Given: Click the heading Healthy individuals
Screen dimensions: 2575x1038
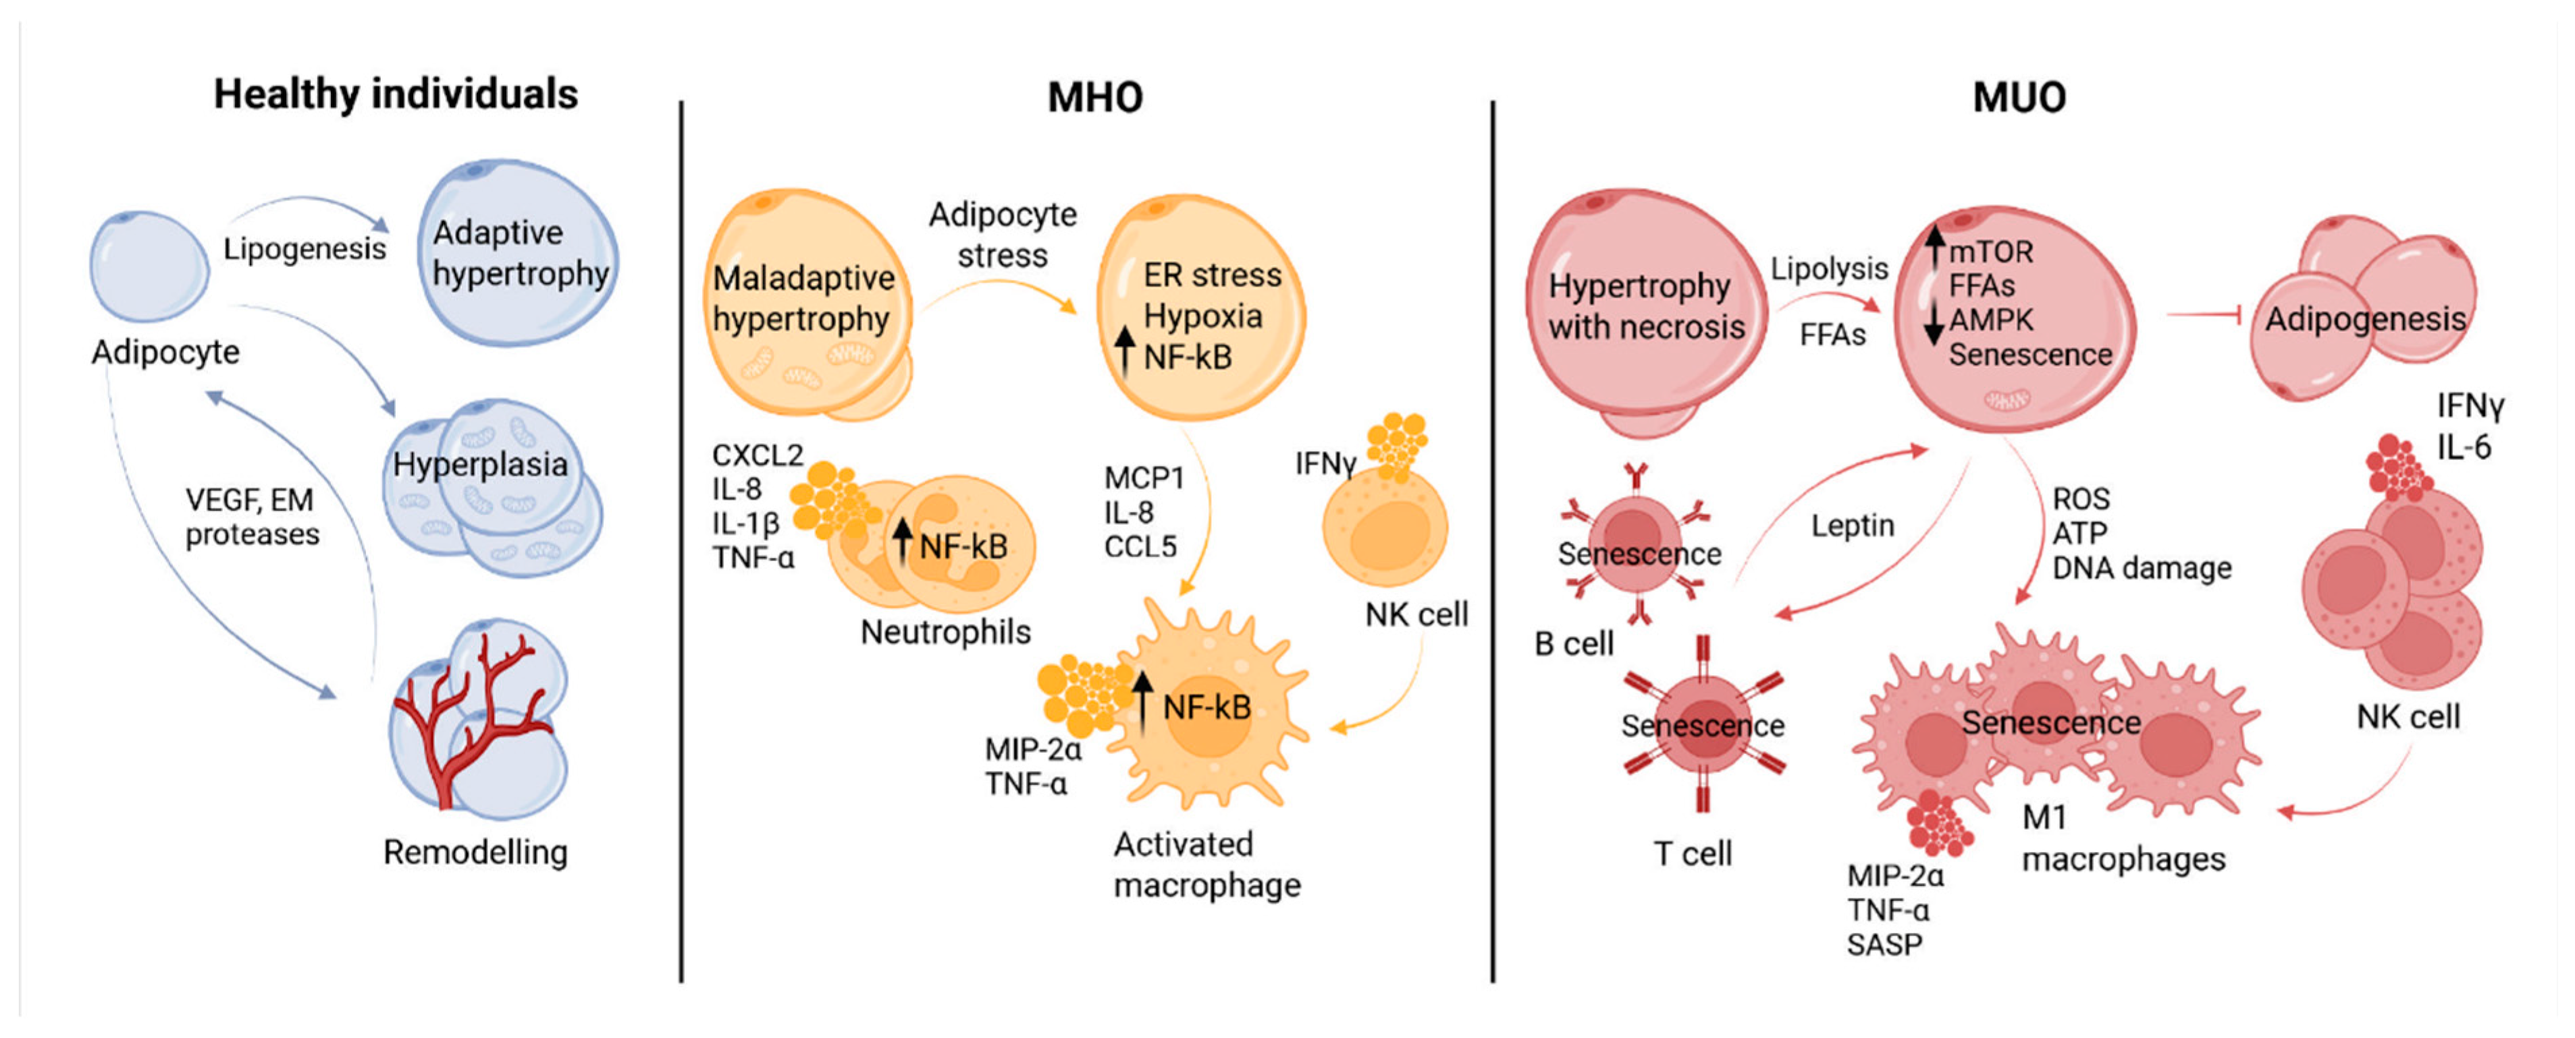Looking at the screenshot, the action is coord(396,95).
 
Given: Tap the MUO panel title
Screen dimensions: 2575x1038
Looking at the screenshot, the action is coord(2019,97).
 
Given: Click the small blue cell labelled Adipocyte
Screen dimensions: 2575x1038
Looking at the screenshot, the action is coord(150,266).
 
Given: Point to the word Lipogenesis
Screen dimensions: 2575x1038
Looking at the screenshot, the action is coord(305,249).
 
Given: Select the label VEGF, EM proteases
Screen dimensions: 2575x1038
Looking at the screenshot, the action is coord(252,517).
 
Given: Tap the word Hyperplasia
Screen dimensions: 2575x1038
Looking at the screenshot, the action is coord(480,465).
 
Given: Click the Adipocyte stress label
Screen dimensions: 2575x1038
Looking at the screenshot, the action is coord(1003,235).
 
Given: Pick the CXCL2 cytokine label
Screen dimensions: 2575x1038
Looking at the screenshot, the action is coord(757,455).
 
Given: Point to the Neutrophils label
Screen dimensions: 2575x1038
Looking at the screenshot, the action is coord(946,633).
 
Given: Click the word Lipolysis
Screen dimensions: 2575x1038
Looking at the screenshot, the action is coord(1829,268).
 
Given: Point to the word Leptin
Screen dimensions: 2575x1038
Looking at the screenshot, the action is coord(1853,525).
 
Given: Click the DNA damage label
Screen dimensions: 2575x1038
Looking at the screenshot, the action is coord(2142,569).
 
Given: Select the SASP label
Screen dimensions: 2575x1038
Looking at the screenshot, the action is coord(1884,945).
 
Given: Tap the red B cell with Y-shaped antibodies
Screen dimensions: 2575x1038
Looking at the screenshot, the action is coord(1635,544).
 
